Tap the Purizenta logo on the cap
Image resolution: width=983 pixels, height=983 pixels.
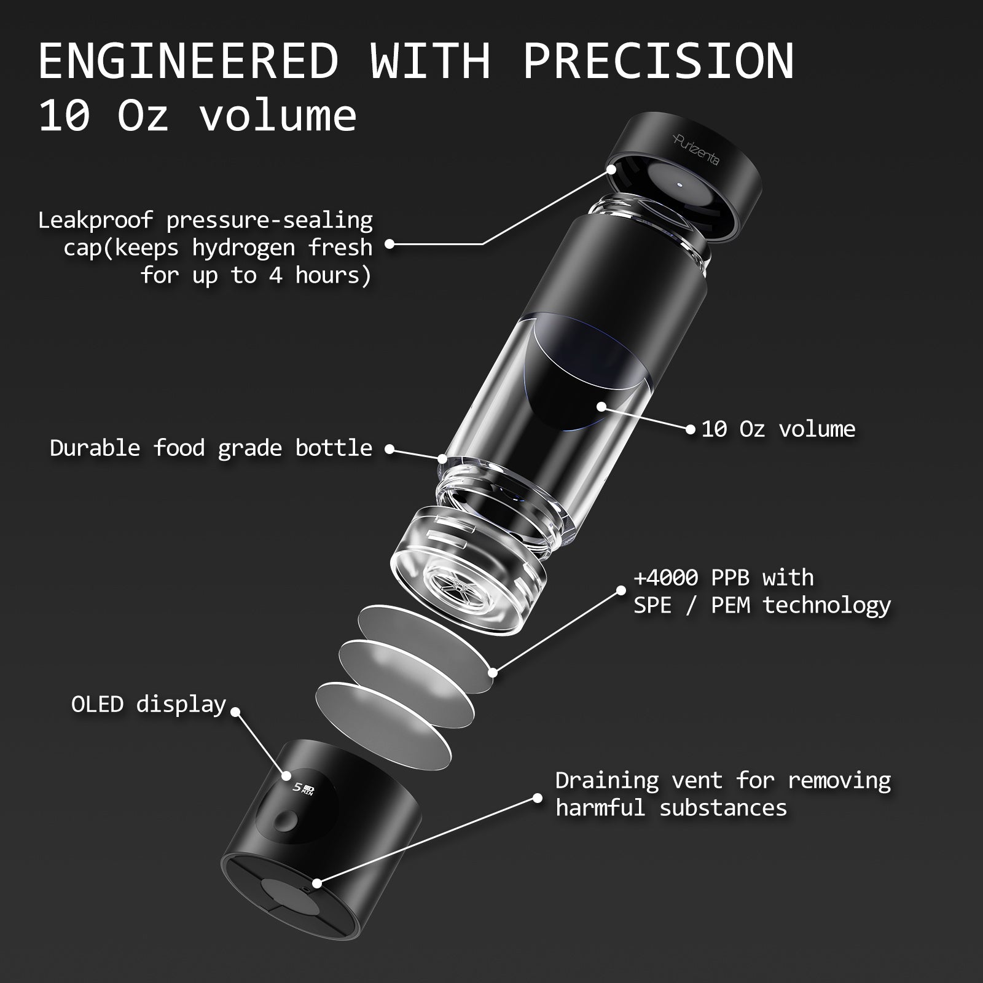coord(696,151)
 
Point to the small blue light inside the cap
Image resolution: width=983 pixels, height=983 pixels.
coord(679,184)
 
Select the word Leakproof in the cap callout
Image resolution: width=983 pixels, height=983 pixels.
coord(95,220)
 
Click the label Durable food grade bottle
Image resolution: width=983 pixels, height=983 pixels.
coord(211,448)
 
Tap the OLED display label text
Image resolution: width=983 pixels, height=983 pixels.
coord(149,704)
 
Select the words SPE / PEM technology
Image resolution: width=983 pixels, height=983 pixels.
coord(762,606)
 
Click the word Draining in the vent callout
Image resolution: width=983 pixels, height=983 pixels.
coord(607,781)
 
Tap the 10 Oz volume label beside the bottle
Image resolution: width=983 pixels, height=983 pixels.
coord(778,429)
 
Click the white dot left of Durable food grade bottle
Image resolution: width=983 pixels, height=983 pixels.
coord(389,449)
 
